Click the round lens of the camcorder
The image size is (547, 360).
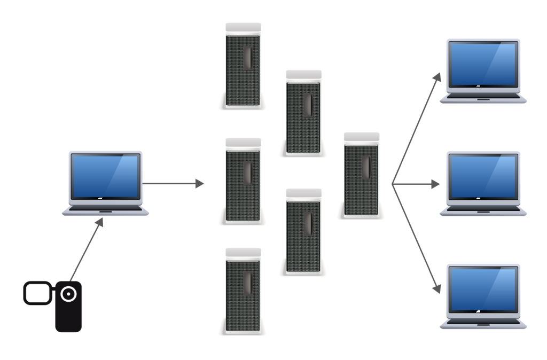[x=69, y=294]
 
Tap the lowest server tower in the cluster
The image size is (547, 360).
[x=243, y=291]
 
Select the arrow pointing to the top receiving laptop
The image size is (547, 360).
[x=417, y=129]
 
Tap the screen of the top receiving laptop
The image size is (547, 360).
[x=483, y=65]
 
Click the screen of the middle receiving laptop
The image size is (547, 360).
[x=483, y=177]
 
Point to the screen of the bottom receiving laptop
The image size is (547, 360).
[x=483, y=289]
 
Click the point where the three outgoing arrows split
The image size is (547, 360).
[x=393, y=184]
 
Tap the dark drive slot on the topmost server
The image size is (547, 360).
[x=247, y=58]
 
